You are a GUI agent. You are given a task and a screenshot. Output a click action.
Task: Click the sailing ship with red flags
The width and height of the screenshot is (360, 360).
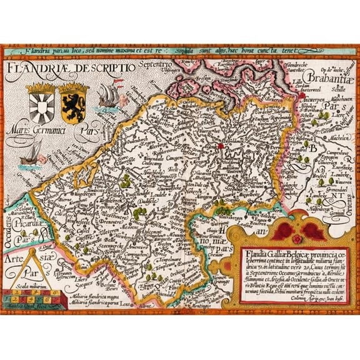coord(106,96)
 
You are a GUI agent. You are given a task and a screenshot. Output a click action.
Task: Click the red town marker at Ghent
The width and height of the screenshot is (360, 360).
coord(221,147)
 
